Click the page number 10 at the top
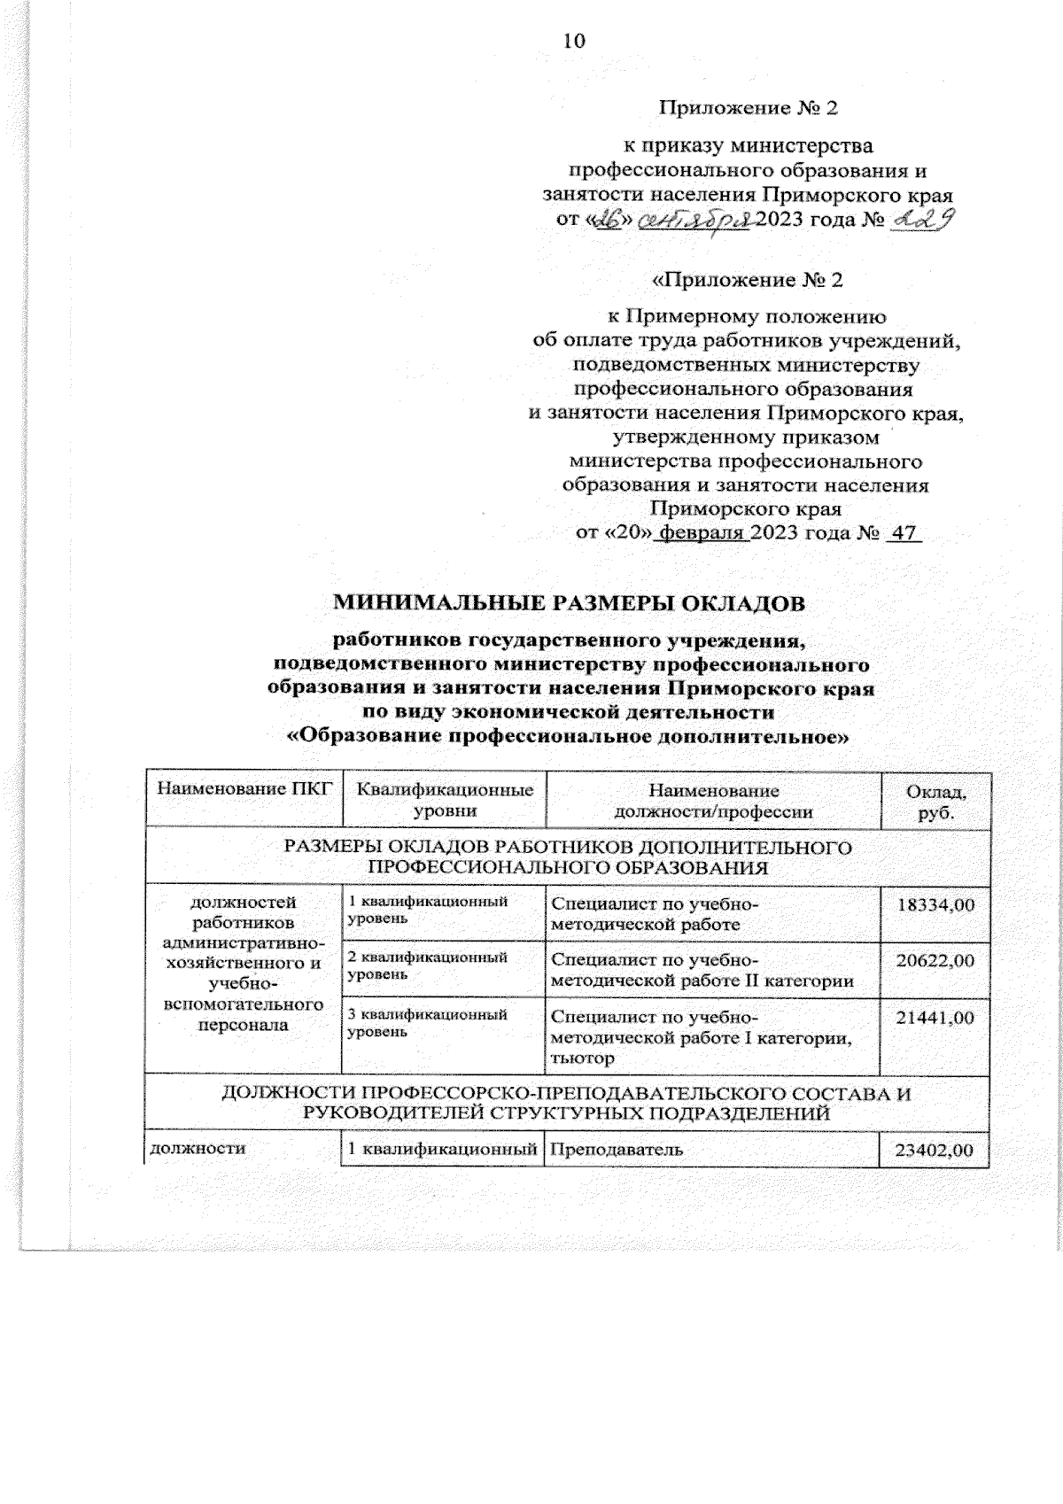point(574,41)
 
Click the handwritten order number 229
point(922,220)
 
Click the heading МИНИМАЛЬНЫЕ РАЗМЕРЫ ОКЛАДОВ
point(570,604)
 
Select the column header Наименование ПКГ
point(243,791)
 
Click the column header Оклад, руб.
point(935,800)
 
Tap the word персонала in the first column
point(244,1025)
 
